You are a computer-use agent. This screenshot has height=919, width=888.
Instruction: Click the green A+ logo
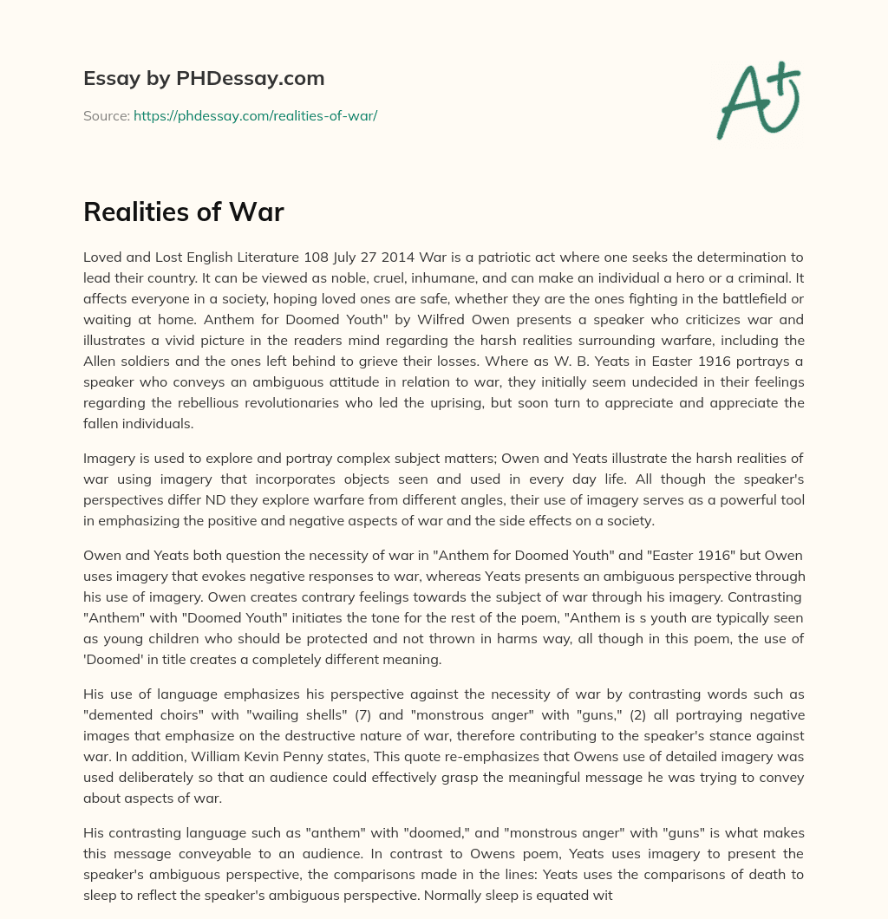758,100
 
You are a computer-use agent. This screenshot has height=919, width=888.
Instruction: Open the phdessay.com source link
255,115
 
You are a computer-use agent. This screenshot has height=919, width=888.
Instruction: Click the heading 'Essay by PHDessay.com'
204,79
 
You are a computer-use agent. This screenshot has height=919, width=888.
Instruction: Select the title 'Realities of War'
184,212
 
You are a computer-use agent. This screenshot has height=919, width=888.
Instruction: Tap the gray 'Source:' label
106,115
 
